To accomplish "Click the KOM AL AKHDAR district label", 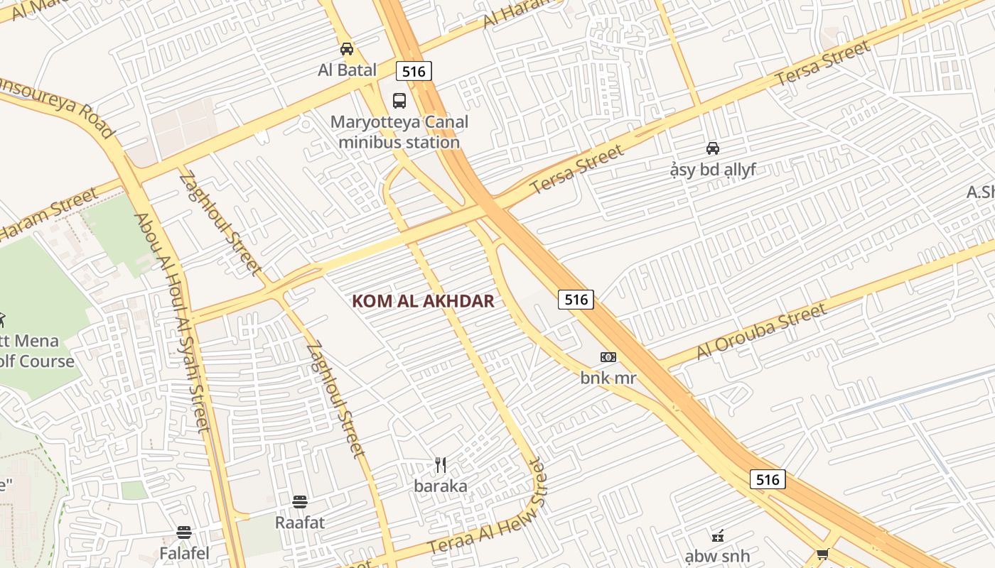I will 423,301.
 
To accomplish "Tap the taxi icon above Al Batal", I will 347,49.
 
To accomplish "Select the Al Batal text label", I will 347,70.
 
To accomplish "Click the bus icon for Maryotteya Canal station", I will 399,101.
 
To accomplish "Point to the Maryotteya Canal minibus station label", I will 399,132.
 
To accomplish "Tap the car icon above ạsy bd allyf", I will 712,148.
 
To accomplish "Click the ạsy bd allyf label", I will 712,170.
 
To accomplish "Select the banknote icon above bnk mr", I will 608,357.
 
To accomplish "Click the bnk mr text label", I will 608,378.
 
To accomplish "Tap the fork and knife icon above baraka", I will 441,465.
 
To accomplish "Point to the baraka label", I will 441,486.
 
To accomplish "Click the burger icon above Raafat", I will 300,502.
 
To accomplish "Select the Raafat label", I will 300,523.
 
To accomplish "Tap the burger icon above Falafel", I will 184,532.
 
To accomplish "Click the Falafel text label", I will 184,553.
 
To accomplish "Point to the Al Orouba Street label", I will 761,331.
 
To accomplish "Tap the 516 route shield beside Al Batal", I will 414,71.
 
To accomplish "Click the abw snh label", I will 717,555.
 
